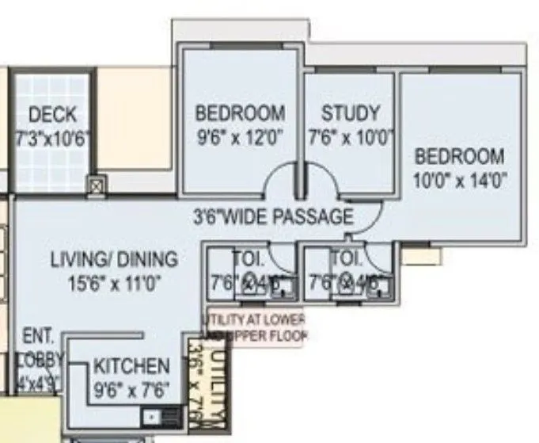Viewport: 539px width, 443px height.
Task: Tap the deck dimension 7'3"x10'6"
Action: (x=52, y=138)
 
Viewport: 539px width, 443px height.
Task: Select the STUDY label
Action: (x=350, y=113)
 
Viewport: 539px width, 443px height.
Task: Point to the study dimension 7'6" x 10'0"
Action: (x=350, y=138)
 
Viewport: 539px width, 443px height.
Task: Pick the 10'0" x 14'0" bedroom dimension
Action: (x=459, y=180)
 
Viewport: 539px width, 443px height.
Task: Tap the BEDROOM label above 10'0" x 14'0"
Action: (x=459, y=155)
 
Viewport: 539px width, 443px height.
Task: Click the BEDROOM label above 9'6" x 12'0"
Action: (x=240, y=113)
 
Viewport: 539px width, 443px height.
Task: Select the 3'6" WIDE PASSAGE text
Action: (x=272, y=216)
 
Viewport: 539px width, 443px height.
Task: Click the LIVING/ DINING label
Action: (x=114, y=260)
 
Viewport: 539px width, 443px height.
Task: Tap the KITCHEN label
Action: (x=131, y=367)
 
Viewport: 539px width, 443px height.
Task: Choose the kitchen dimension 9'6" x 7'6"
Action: (x=131, y=390)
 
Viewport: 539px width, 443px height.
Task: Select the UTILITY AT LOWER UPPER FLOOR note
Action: (x=255, y=327)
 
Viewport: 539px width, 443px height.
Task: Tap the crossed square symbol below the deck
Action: (x=96, y=186)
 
